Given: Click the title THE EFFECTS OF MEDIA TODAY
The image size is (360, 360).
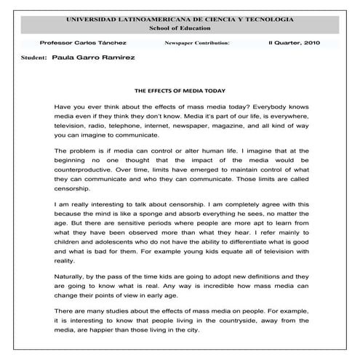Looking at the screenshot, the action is [180, 91].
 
